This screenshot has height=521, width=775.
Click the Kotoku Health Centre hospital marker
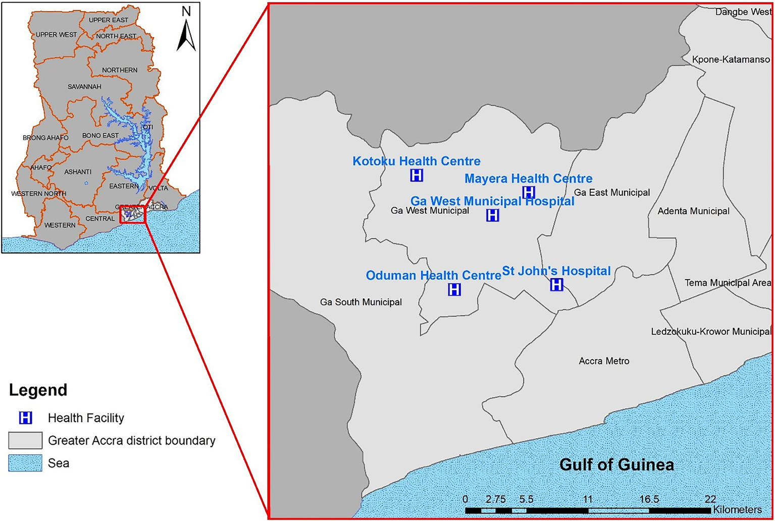417,175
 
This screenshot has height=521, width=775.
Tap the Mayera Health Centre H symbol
528,192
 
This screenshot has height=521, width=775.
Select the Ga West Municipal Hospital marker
492,215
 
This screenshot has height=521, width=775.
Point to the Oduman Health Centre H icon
454,289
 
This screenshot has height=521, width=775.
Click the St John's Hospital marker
556,285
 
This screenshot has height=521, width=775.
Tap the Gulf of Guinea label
616,464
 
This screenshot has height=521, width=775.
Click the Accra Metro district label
604,361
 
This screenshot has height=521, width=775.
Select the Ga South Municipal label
361,302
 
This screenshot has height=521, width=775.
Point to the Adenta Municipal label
693,211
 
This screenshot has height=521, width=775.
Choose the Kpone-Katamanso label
731,60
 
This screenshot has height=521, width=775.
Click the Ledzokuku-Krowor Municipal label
711,332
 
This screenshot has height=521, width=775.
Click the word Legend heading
38,390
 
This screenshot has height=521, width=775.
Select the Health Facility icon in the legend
25,418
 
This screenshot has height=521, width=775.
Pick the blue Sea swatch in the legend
25,463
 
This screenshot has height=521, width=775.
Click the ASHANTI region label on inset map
78,172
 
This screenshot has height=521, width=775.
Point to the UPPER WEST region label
56,35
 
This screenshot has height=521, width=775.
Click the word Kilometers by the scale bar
738,510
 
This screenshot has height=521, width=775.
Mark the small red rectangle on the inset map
133,215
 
